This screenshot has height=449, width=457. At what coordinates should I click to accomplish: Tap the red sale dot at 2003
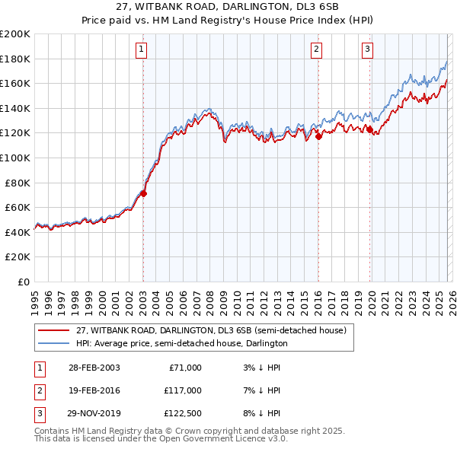click(x=143, y=193)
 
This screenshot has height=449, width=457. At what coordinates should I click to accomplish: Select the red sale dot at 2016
click(x=318, y=136)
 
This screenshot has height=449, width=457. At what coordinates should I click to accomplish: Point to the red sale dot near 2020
click(x=369, y=129)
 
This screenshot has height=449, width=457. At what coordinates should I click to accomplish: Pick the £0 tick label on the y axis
click(x=23, y=282)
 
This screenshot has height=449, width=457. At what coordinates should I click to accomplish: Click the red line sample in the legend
click(x=55, y=330)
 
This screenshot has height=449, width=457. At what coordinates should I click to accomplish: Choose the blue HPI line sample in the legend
click(x=55, y=343)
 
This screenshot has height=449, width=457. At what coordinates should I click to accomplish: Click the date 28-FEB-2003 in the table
click(x=94, y=367)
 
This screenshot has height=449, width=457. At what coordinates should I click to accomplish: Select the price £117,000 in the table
click(x=184, y=390)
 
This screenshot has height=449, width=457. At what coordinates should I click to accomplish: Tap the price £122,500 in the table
click(x=184, y=414)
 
